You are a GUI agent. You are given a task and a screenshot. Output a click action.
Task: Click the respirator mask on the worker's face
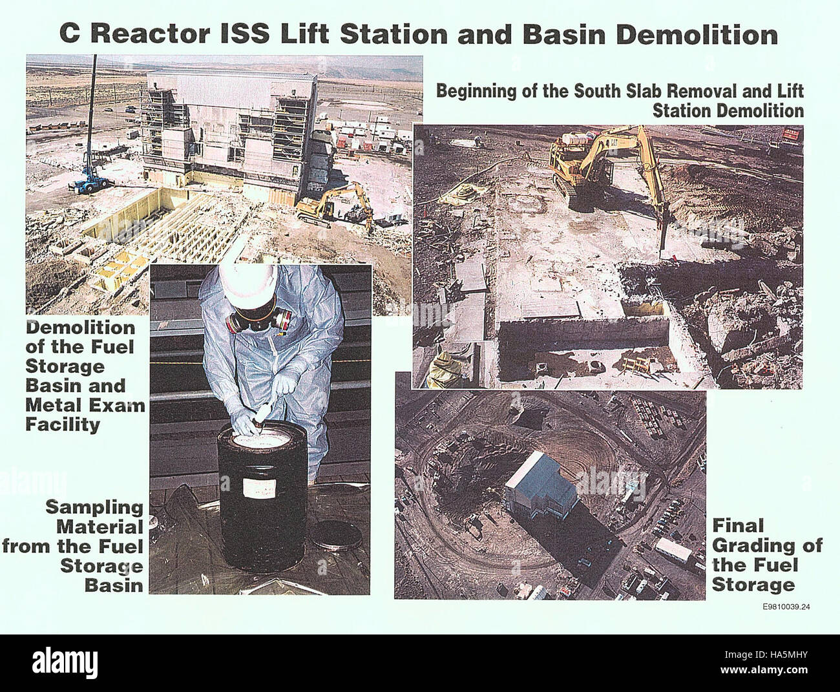(x=258, y=319)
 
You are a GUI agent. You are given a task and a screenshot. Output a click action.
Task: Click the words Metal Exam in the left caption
(x=86, y=406)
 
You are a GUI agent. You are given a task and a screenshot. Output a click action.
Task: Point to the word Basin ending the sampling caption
(x=114, y=585)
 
